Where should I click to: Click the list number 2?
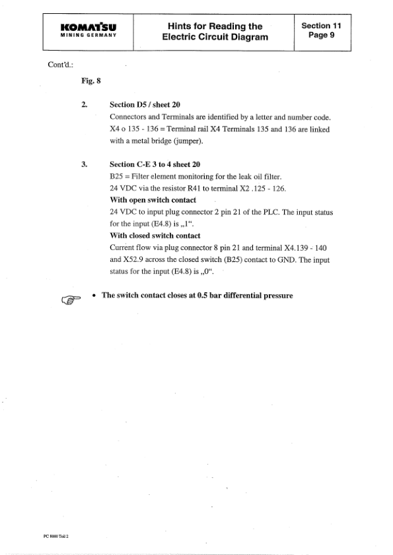coord(83,105)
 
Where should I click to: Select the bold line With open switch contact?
coord(153,200)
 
